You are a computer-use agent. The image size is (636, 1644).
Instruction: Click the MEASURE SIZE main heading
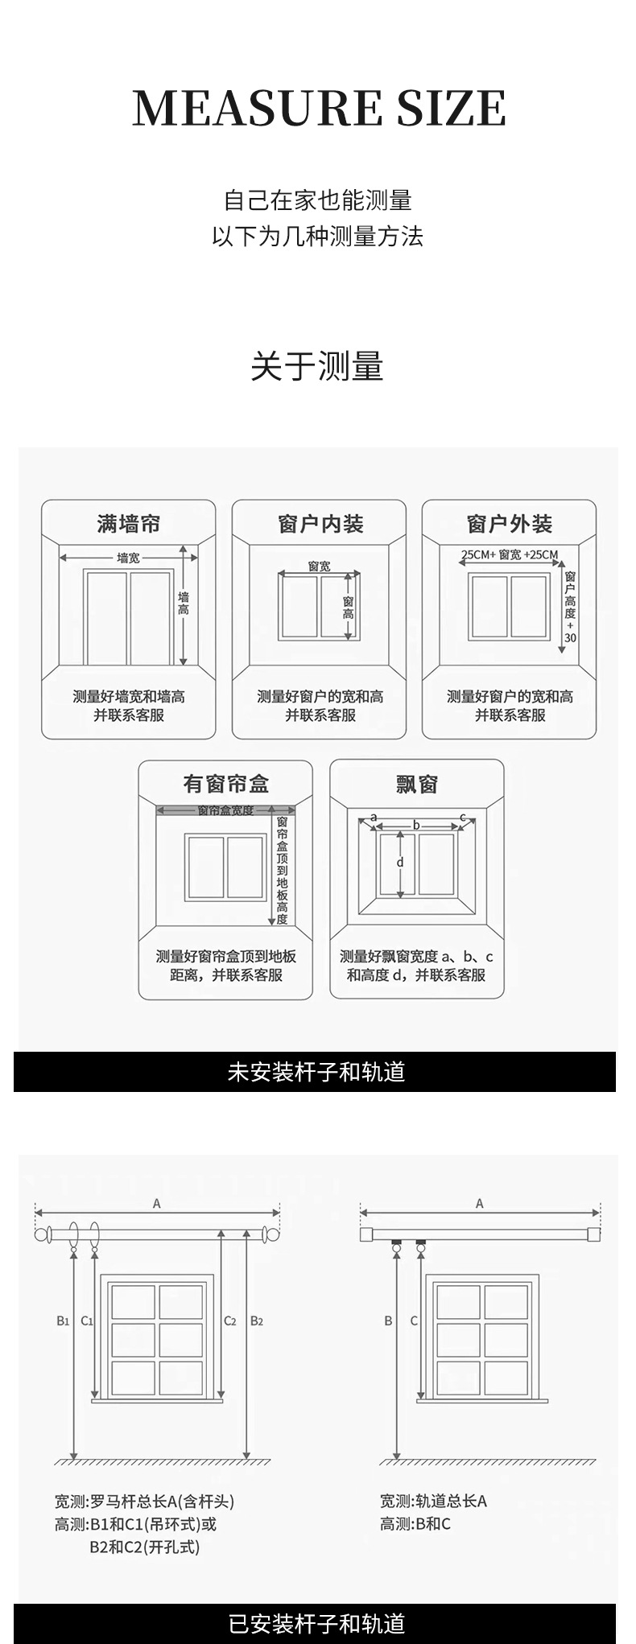click(319, 108)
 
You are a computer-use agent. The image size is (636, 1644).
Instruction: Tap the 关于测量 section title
click(317, 367)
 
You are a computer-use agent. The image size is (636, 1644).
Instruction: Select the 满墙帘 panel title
click(129, 524)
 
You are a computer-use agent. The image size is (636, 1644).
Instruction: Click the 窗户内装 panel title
click(320, 524)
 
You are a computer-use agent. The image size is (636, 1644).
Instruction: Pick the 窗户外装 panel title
click(510, 524)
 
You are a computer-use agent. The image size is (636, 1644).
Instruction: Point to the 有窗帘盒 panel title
click(225, 784)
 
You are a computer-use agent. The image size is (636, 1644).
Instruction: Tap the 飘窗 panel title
click(417, 784)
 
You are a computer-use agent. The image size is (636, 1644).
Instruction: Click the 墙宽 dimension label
click(128, 557)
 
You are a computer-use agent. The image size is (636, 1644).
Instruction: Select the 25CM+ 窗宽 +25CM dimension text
click(510, 554)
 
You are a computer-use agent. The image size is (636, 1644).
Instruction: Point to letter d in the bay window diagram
click(400, 863)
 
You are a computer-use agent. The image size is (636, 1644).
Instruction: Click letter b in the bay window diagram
click(416, 825)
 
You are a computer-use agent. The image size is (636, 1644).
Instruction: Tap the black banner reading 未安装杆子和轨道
click(316, 1072)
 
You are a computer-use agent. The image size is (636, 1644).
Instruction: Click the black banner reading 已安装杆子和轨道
click(316, 1624)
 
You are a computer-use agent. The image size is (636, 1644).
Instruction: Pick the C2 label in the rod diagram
click(230, 1321)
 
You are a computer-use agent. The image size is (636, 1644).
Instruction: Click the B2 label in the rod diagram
click(257, 1321)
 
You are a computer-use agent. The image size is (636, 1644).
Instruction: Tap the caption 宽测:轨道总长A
click(433, 1501)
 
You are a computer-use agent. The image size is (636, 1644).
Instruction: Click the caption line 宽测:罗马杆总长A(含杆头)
click(145, 1501)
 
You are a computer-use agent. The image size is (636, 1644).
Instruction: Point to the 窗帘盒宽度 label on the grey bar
click(225, 810)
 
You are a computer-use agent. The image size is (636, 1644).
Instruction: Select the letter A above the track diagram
click(480, 1204)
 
